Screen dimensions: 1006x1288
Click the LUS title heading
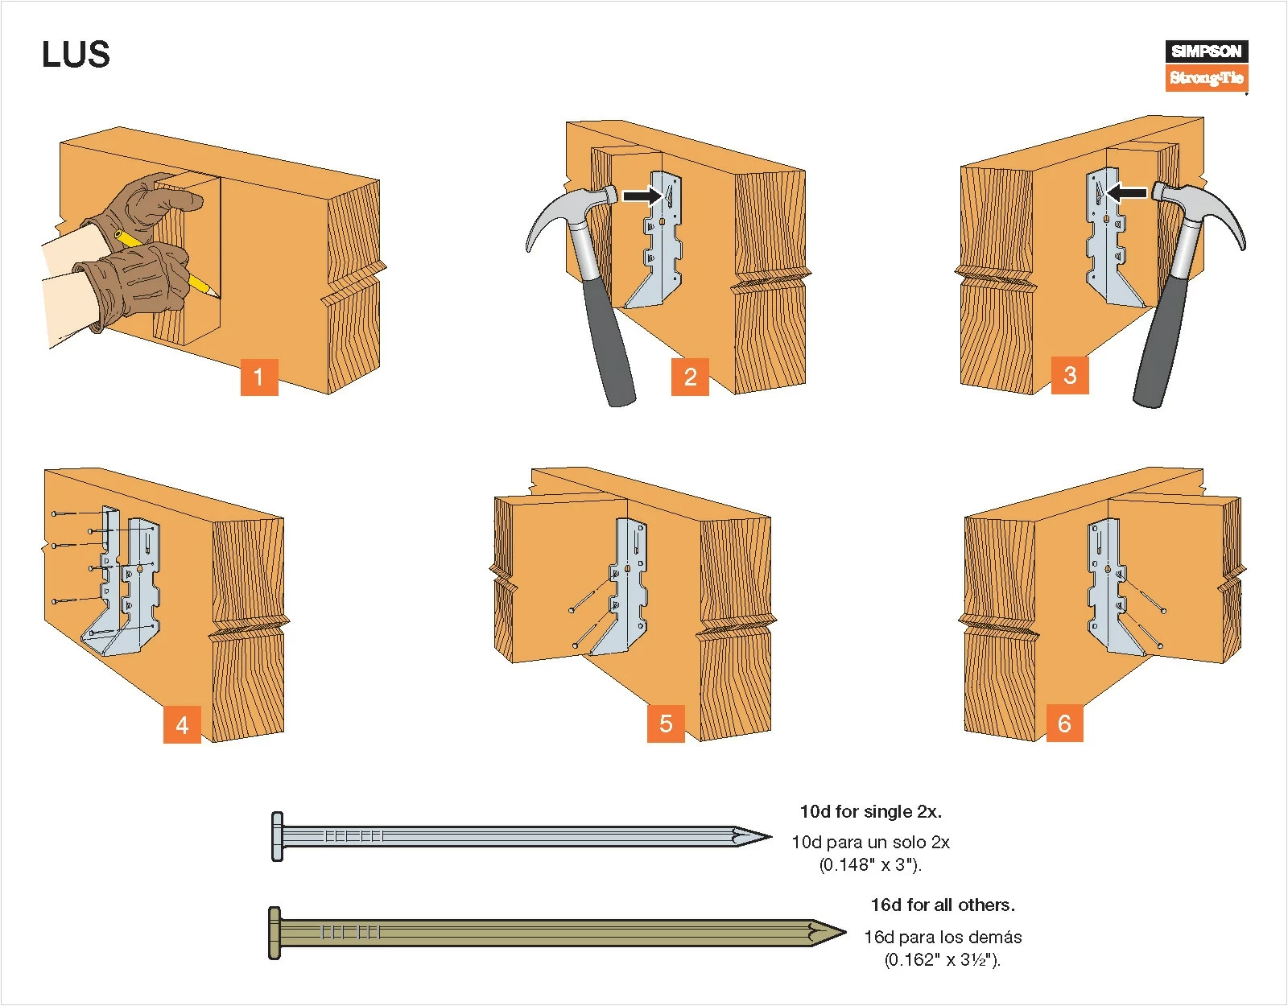click(76, 55)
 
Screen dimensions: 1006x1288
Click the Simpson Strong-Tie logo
click(1206, 66)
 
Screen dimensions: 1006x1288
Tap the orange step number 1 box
click(258, 377)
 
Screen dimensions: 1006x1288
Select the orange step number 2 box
click(690, 377)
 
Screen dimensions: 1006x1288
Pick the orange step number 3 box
click(1070, 375)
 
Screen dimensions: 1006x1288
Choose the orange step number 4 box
click(182, 724)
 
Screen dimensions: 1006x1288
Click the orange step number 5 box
click(666, 723)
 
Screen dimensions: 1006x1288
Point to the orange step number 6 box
click(1064, 723)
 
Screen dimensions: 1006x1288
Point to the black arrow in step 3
click(1127, 192)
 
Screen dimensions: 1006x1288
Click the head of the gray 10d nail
click(277, 836)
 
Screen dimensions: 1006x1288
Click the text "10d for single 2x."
click(870, 811)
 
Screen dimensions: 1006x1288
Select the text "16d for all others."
click(943, 905)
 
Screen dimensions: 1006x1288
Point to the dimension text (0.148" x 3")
click(870, 865)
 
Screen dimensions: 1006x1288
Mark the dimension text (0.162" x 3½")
click(943, 959)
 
